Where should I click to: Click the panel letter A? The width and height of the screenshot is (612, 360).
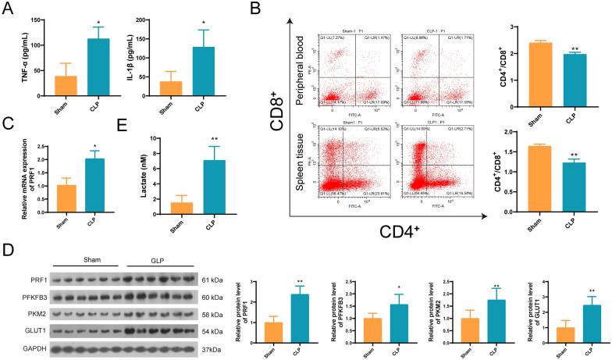(x=9, y=9)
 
